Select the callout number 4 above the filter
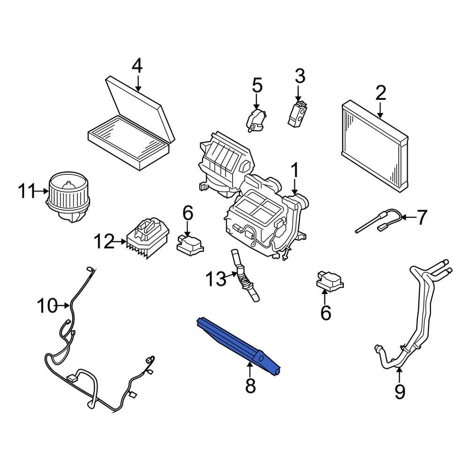pyautogui.click(x=136, y=66)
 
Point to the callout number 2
pyautogui.click(x=380, y=93)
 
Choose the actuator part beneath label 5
pyautogui.click(x=256, y=121)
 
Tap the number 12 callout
pyautogui.click(x=104, y=242)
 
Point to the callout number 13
pyautogui.click(x=215, y=280)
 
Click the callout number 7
pyautogui.click(x=422, y=217)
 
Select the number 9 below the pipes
pyautogui.click(x=399, y=392)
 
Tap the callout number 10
pyautogui.click(x=47, y=306)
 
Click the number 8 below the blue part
pyautogui.click(x=250, y=386)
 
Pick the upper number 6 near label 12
pyautogui.click(x=188, y=214)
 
